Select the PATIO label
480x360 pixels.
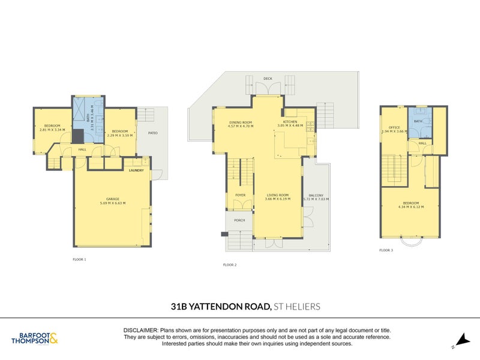coord(153,133)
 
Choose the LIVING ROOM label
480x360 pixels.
coord(278,194)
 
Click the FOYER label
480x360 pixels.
coord(240,194)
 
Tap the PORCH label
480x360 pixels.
coord(239,220)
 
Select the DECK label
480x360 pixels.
coord(267,78)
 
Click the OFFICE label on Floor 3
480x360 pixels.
coord(394,127)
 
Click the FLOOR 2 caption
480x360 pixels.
coord(230,265)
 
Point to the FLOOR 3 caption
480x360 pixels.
coord(386,250)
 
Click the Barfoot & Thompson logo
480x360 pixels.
coord(35,339)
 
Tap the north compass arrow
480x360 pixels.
coord(461,340)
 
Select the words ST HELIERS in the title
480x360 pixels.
coord(296,307)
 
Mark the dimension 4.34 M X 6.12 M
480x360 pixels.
coord(411,207)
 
